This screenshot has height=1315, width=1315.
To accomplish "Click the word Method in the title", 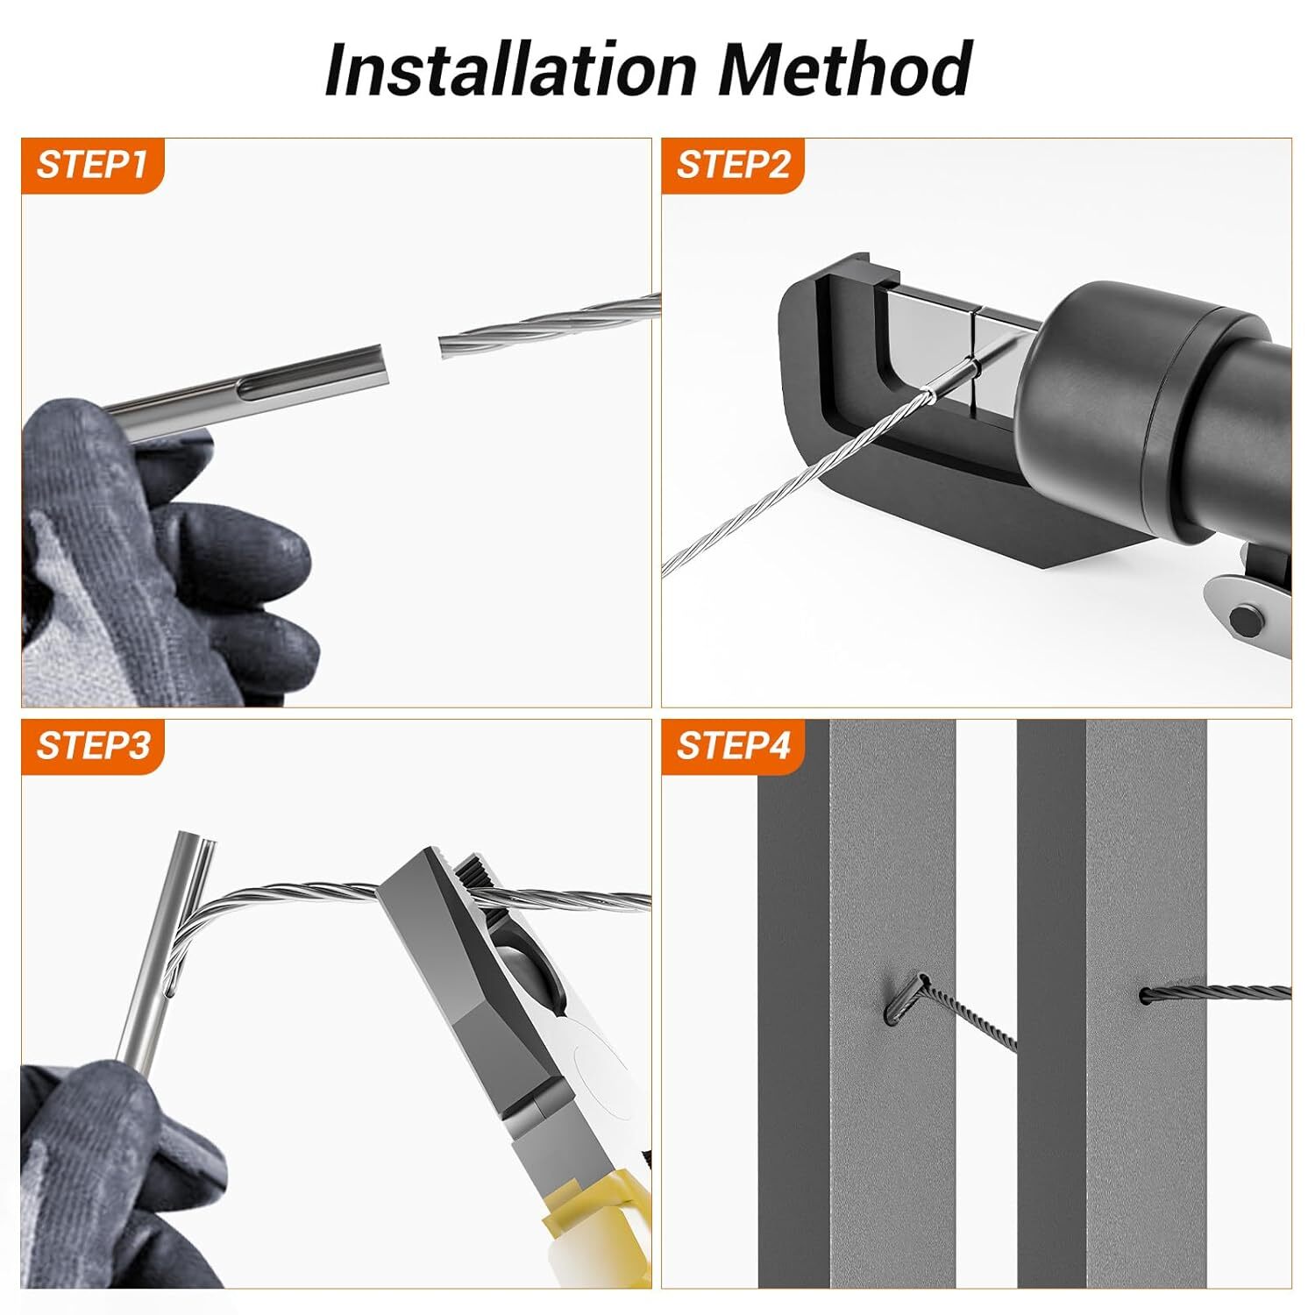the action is pos(845,69).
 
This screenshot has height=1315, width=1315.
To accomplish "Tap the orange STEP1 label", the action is pos(92,165).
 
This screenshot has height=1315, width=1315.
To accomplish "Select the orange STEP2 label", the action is pos(733,165).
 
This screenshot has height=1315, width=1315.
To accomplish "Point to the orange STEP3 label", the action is pos(92,746).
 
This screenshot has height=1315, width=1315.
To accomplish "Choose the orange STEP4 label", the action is pos(733,746).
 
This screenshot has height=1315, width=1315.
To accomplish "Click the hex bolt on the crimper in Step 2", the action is pos(1243,622).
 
